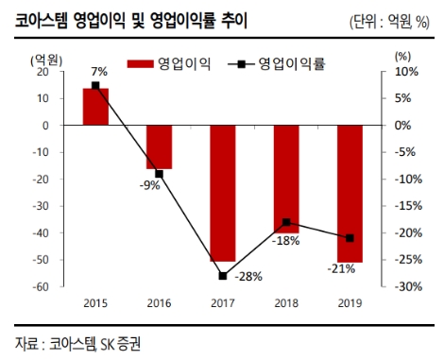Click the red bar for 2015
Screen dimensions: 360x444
[95, 107]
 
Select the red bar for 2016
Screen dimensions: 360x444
[159, 146]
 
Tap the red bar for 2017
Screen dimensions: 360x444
[223, 193]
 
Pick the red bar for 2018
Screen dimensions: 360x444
[286, 179]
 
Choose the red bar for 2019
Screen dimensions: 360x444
[350, 194]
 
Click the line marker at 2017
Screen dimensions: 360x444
[223, 276]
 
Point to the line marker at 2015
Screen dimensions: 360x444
[95, 86]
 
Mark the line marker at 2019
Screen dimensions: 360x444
[350, 238]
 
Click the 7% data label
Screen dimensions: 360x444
[99, 72]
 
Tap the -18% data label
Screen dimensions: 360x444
[286, 241]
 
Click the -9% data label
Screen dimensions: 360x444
[149, 185]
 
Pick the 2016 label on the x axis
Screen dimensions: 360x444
[159, 303]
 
